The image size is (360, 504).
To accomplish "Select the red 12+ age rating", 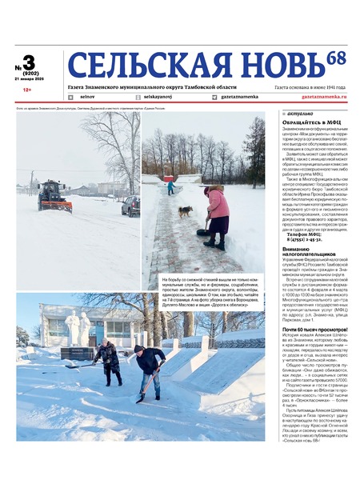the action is point(27,90).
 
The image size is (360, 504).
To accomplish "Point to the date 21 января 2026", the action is point(30,80).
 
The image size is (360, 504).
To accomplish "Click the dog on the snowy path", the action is point(185,210).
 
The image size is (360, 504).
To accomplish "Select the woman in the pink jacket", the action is point(216,214).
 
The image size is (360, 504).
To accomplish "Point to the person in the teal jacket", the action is point(170,186).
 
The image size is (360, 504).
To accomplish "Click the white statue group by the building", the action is point(78,328).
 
